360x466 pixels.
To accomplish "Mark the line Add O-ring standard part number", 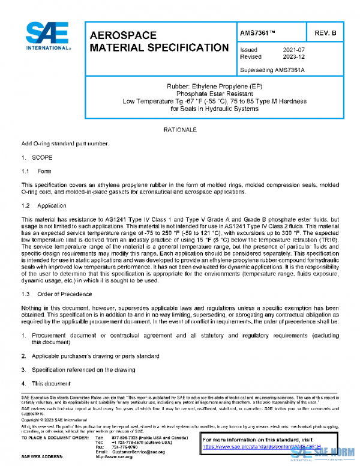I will pos(65,144).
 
